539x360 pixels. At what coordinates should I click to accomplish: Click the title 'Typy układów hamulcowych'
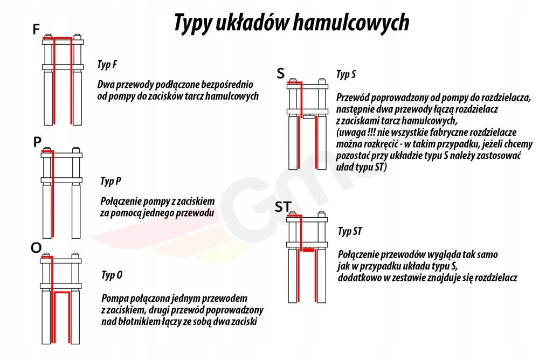coord(291,23)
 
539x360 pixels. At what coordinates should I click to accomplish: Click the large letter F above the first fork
coord(36,30)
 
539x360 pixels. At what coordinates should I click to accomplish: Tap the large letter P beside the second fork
coord(37,142)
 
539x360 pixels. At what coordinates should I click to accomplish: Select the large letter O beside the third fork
coord(36,247)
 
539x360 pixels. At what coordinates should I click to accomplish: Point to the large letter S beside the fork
coord(280,74)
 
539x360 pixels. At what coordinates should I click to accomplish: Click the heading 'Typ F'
coord(107,65)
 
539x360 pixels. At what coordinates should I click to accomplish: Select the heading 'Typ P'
coord(110,181)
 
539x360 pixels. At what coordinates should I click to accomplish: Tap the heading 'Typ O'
coord(112,275)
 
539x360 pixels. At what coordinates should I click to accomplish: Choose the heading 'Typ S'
coord(345,75)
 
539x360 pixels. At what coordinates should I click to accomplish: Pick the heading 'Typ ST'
coord(350,232)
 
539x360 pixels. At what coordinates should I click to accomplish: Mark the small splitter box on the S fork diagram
coord(309,116)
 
